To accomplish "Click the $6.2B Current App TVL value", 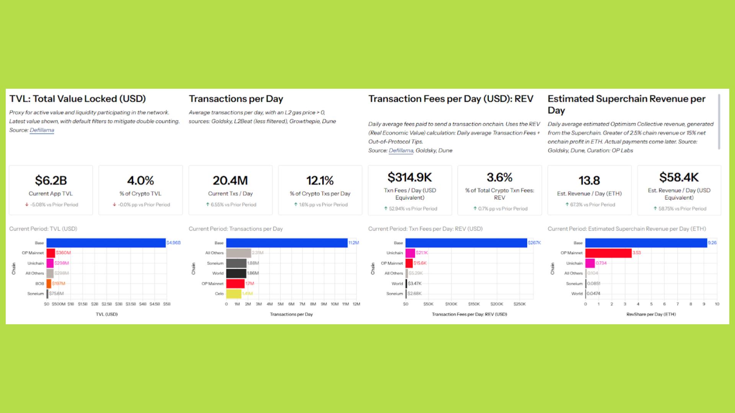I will click(x=51, y=180).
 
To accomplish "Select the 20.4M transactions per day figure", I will click(x=230, y=180).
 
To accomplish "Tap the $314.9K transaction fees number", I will click(x=410, y=177).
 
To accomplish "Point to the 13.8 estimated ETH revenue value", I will click(x=589, y=180).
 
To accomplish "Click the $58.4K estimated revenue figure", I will click(x=679, y=177).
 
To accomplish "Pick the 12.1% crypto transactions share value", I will click(x=320, y=180).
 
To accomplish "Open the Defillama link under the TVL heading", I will click(x=42, y=130).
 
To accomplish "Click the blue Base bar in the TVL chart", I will click(x=106, y=243).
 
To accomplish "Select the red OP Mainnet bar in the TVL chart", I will click(x=51, y=253).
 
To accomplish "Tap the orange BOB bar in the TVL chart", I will click(x=49, y=284).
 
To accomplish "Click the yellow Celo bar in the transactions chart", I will click(x=234, y=294).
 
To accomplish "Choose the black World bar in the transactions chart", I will click(x=236, y=273).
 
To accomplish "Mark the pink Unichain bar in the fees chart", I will click(x=410, y=253).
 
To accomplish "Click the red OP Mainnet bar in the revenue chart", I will click(x=608, y=253).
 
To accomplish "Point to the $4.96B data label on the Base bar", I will click(x=173, y=243).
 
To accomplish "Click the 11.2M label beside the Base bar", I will click(x=353, y=243).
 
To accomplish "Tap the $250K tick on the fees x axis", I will click(x=519, y=304).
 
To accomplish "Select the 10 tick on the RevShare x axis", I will click(x=717, y=304).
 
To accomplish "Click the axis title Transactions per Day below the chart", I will click(x=291, y=314).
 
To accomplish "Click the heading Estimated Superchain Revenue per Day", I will click(x=626, y=104).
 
